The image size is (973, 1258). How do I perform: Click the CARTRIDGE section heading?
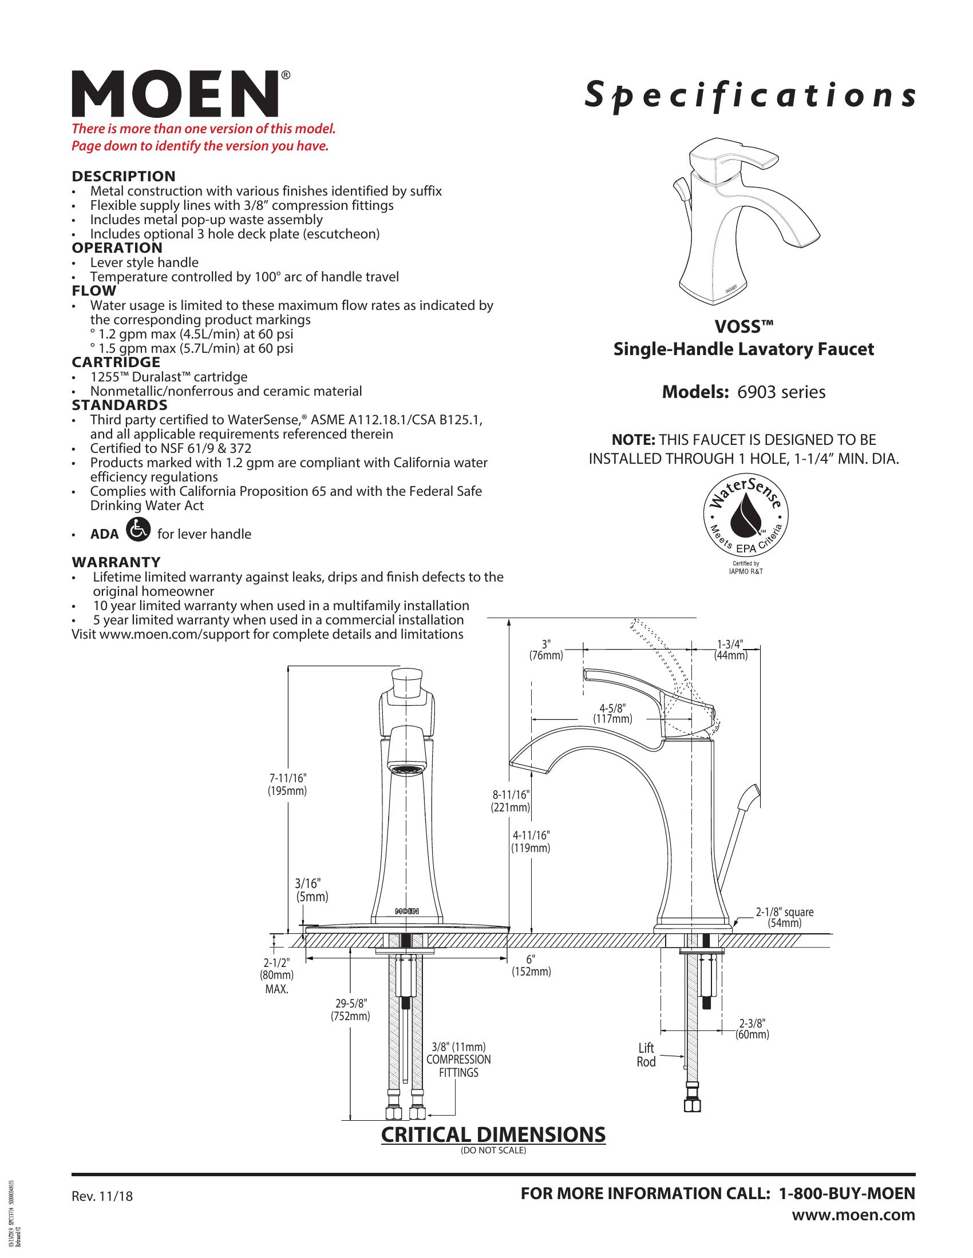tap(116, 363)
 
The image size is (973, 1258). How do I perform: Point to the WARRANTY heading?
tap(116, 562)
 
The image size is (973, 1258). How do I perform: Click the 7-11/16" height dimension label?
tap(287, 785)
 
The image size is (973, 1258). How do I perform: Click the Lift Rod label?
tap(646, 1054)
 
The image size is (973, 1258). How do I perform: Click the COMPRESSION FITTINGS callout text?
tap(458, 1066)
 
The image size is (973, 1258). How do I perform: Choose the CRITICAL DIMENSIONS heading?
tap(493, 1134)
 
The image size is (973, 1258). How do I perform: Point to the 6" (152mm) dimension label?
tap(531, 965)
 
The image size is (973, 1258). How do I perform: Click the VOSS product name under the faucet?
tap(743, 327)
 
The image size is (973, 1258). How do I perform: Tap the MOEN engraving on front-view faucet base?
tap(407, 911)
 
